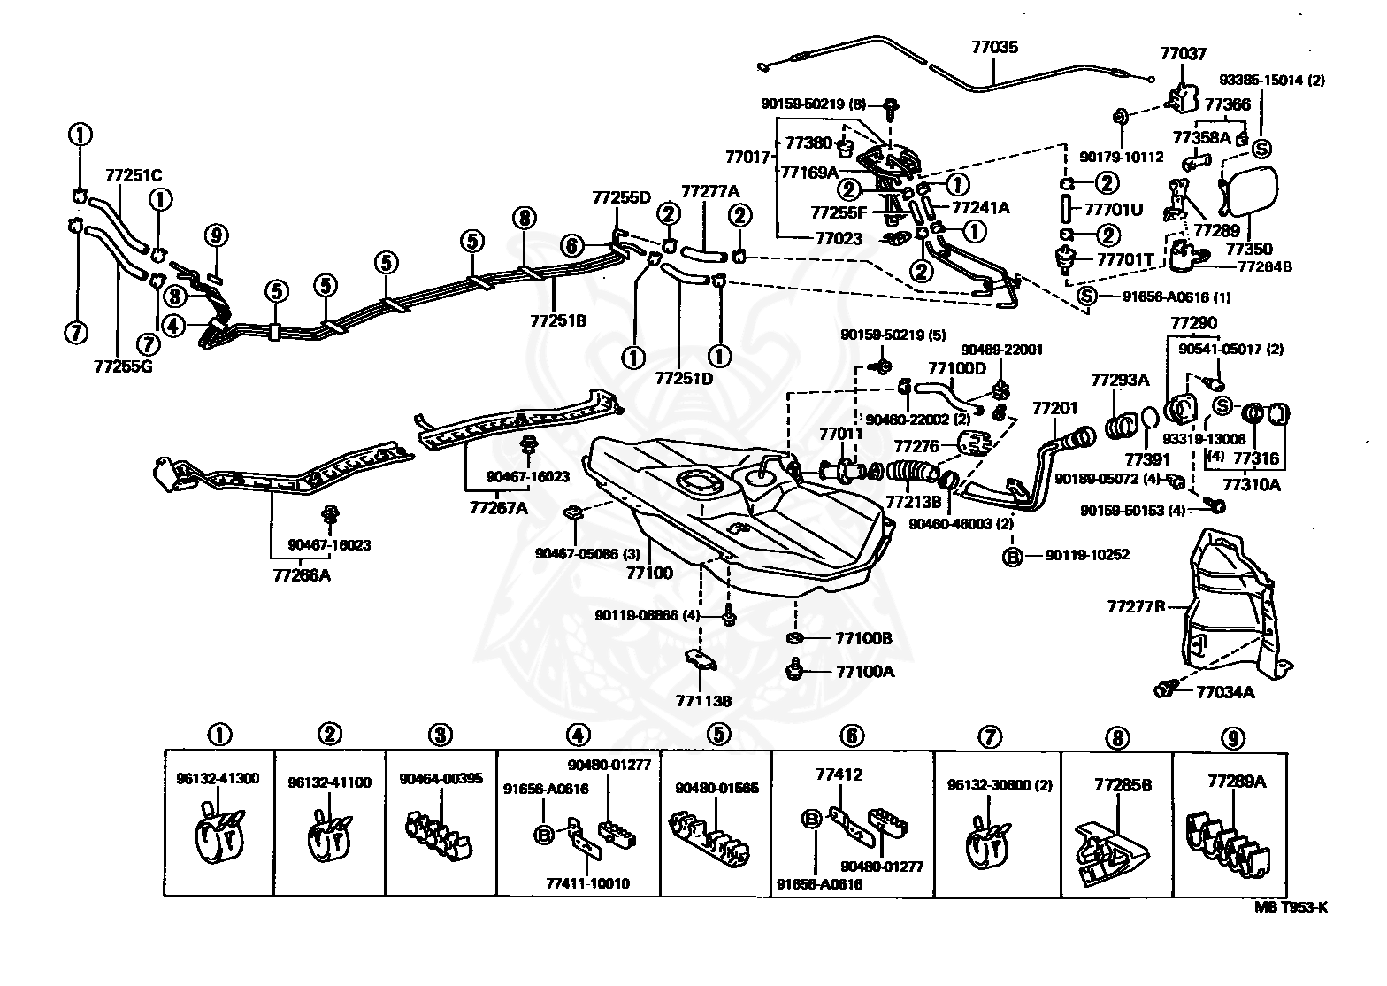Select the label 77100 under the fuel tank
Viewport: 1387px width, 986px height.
tap(649, 573)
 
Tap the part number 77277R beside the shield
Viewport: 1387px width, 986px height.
tap(1136, 607)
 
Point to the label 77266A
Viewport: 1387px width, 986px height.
tap(301, 575)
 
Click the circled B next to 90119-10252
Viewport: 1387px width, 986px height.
tap(1012, 556)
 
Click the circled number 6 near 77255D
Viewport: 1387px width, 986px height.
tap(572, 245)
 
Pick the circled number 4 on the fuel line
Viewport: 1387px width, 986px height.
tap(173, 325)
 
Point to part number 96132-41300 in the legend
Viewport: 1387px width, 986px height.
tap(218, 779)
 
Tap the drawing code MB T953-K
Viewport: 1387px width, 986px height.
tap(1291, 906)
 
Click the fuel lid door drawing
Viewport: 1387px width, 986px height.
tap(1249, 190)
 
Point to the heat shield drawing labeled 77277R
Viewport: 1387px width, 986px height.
tap(1230, 602)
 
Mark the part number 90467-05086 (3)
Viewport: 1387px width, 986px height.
tap(576, 554)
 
